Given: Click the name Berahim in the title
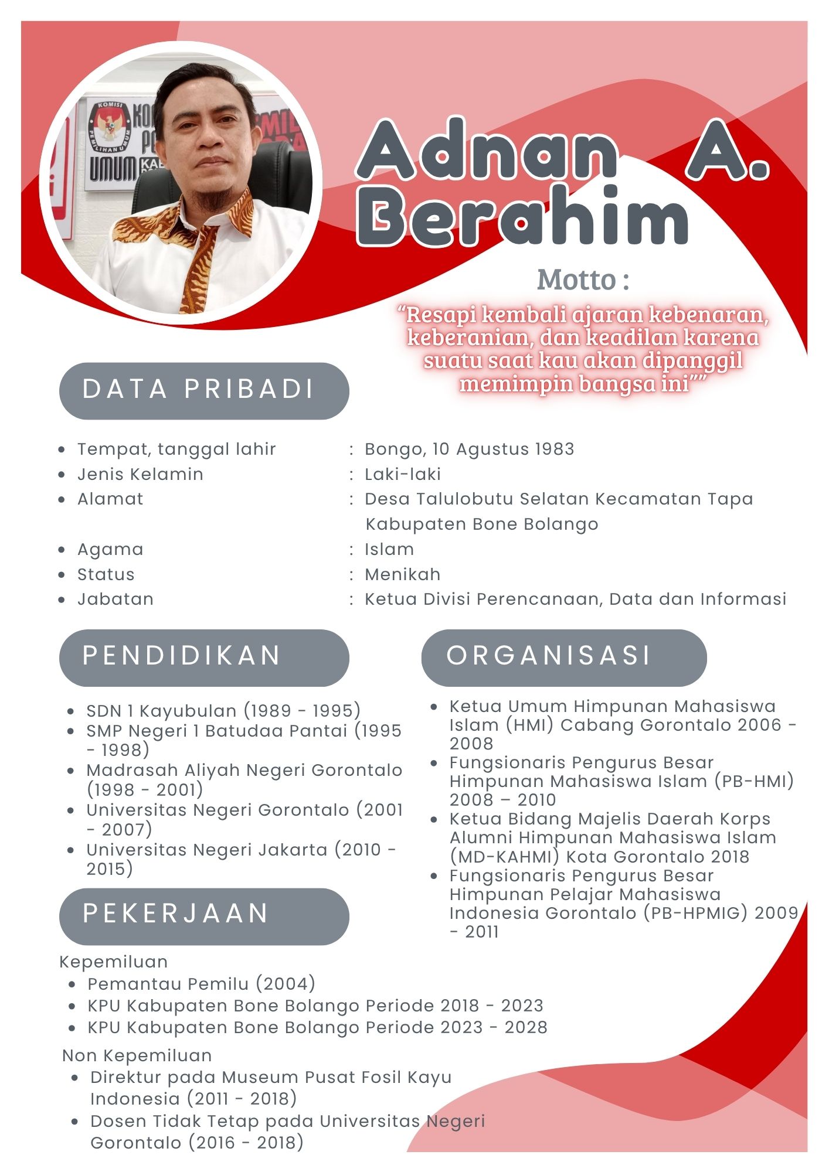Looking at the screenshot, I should click(x=522, y=217).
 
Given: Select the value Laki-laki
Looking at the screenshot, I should click(x=402, y=474).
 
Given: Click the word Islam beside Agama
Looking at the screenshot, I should click(x=389, y=549).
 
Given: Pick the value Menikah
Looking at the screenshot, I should click(x=402, y=574).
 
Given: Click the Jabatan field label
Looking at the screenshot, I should click(x=115, y=599).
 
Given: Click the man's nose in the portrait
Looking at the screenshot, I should click(x=210, y=138).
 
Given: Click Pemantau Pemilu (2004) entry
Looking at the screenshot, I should click(x=201, y=983).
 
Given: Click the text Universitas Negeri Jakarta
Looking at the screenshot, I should click(x=207, y=849).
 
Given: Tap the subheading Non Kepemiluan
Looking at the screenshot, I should click(x=137, y=1055).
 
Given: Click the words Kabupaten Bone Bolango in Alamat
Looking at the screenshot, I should click(x=481, y=524).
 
